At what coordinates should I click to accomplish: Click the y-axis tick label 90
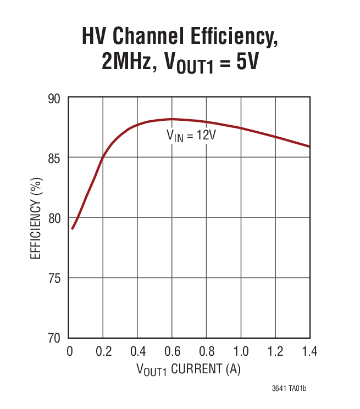click(56, 98)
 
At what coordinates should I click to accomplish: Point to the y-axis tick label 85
click(56, 158)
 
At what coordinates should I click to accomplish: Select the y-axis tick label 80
click(56, 218)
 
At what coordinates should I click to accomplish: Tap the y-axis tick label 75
click(56, 278)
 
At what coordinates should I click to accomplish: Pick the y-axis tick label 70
click(56, 338)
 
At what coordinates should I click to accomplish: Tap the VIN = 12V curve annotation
click(191, 136)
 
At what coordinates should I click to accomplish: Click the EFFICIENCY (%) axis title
click(36, 218)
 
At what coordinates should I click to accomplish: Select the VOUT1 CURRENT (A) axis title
click(189, 369)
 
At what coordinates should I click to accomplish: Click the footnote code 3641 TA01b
click(289, 389)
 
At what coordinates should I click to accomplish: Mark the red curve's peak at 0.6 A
click(172, 119)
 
